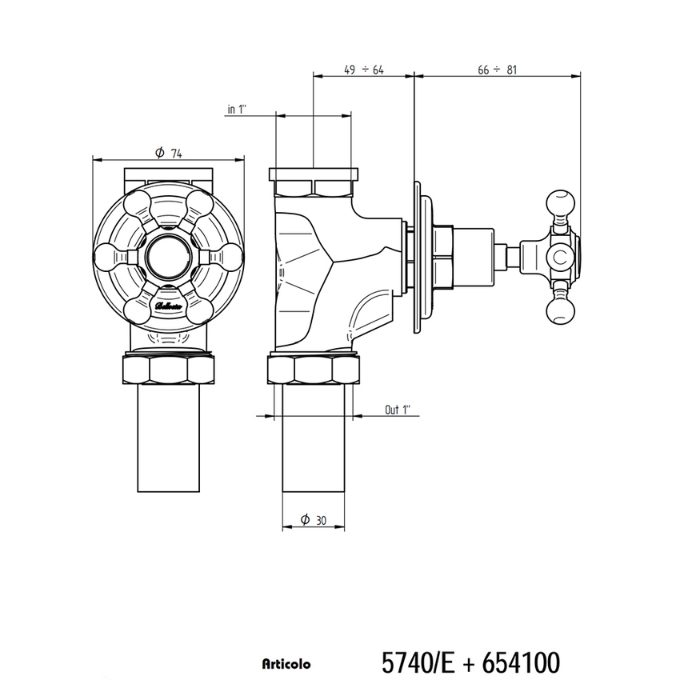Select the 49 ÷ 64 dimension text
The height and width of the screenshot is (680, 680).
point(364,70)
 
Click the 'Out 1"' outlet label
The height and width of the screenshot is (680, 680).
point(397,410)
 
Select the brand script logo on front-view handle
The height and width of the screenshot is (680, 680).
point(169,305)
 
